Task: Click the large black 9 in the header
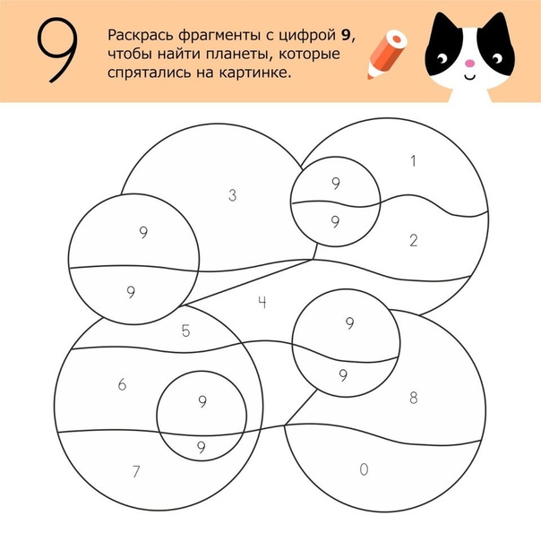[x=57, y=50]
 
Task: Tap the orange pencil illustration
[x=387, y=54]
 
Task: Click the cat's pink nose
[x=469, y=63]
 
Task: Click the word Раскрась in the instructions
[x=142, y=35]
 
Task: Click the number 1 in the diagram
[x=413, y=161]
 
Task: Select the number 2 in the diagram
[x=414, y=240]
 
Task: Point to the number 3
[x=233, y=195]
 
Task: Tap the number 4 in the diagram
[x=262, y=302]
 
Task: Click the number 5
[x=185, y=331]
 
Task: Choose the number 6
[x=122, y=384]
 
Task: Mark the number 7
[x=136, y=471]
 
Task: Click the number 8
[x=413, y=398]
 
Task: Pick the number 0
[x=364, y=469]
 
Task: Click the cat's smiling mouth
[x=469, y=77]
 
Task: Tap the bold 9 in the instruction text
[x=346, y=36]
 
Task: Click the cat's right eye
[x=497, y=58]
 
